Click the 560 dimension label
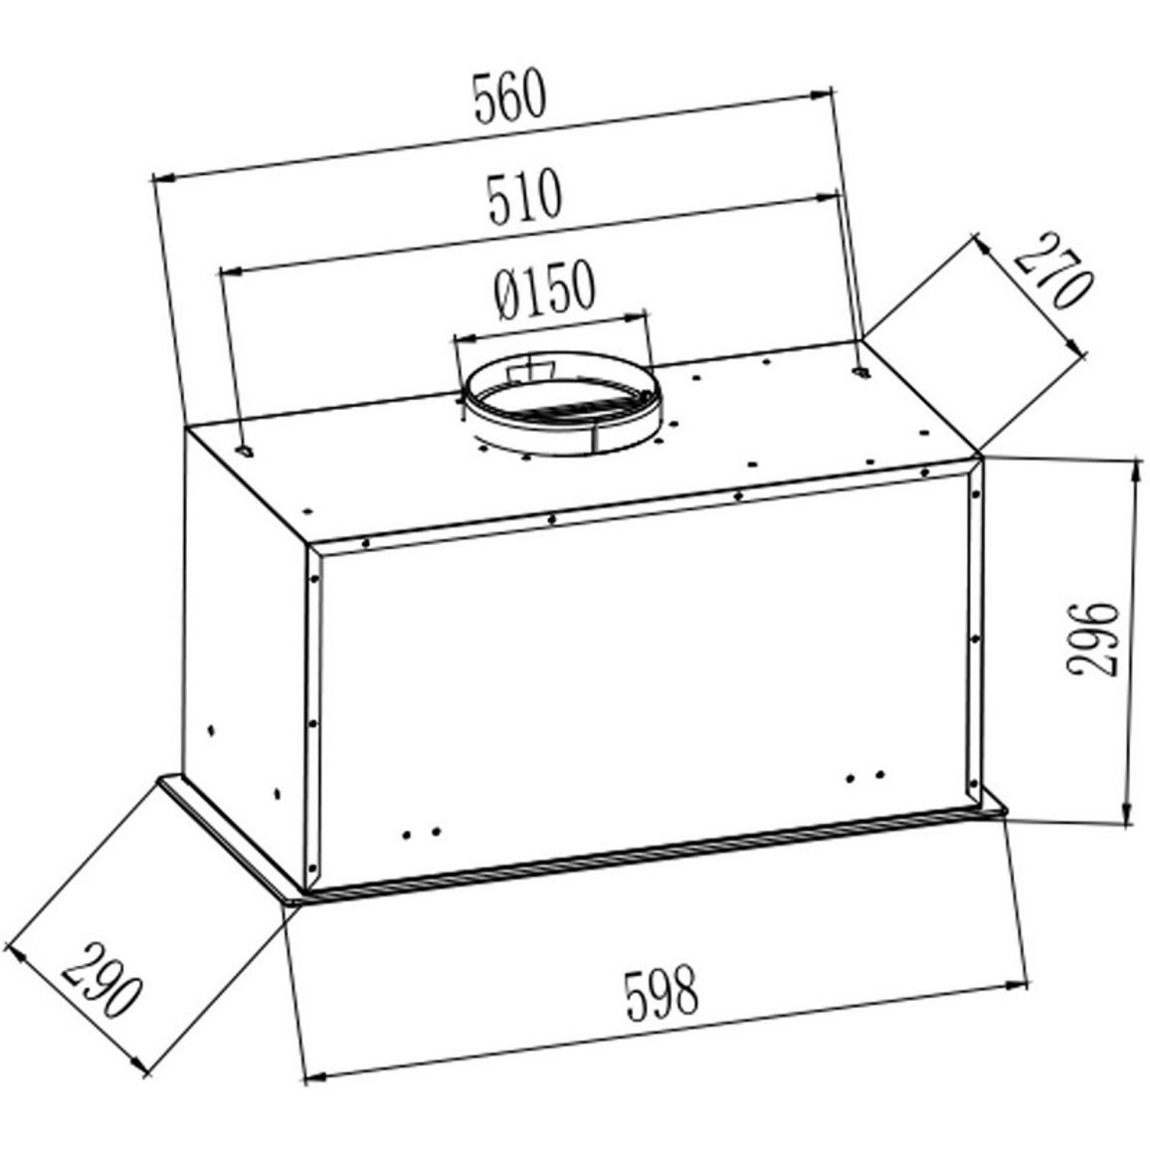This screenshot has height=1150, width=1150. [x=509, y=96]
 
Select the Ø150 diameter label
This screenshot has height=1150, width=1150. [x=543, y=288]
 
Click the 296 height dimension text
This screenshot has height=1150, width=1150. [x=1092, y=640]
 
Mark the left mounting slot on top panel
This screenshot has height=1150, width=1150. [x=245, y=451]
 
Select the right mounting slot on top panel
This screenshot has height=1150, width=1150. [x=862, y=373]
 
